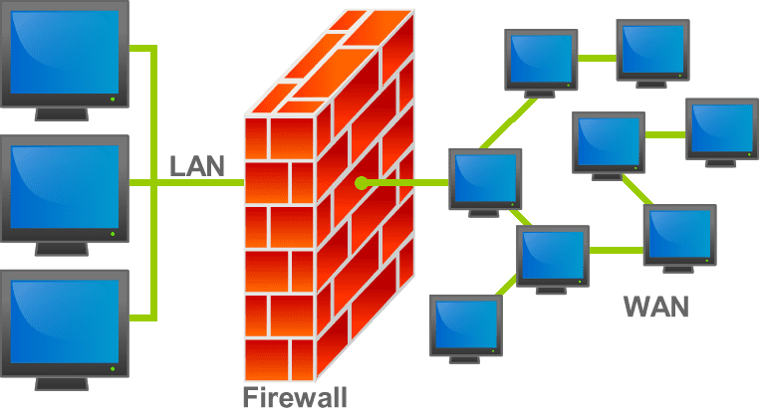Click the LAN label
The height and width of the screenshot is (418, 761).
[197, 165]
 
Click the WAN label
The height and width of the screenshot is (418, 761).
[655, 307]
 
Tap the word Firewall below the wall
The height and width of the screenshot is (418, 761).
[295, 398]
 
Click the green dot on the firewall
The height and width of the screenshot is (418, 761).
[361, 183]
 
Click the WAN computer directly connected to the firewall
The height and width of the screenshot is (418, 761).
[485, 179]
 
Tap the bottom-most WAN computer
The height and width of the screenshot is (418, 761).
[466, 325]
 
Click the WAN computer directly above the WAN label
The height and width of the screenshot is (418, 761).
[679, 235]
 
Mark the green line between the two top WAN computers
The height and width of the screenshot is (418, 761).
[597, 57]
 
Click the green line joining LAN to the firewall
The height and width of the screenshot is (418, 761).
[199, 183]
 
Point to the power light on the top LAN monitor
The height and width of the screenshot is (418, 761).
[113, 100]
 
